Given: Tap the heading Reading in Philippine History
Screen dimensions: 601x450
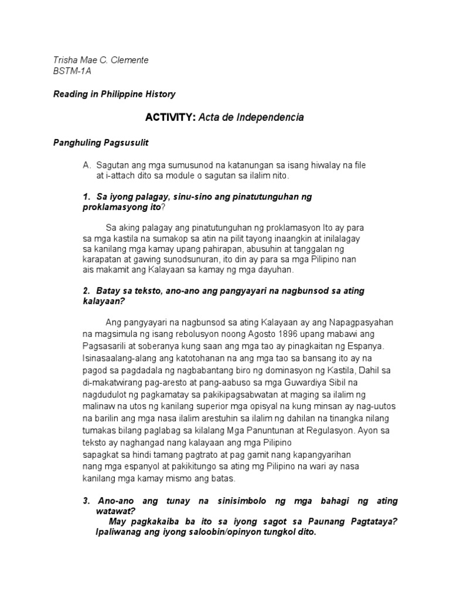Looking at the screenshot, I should (114, 94).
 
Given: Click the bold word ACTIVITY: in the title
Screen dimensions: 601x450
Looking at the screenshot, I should (171, 117).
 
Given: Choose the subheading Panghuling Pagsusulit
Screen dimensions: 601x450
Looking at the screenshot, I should (100, 143).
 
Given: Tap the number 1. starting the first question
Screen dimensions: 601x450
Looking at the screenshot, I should (87, 197).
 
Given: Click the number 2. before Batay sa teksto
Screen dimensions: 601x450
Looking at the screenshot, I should (87, 291).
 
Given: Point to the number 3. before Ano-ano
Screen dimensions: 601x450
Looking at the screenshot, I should (87, 501).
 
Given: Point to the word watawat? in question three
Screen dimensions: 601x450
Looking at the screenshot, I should (115, 511).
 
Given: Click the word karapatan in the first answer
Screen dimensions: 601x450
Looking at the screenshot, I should (100, 259).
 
